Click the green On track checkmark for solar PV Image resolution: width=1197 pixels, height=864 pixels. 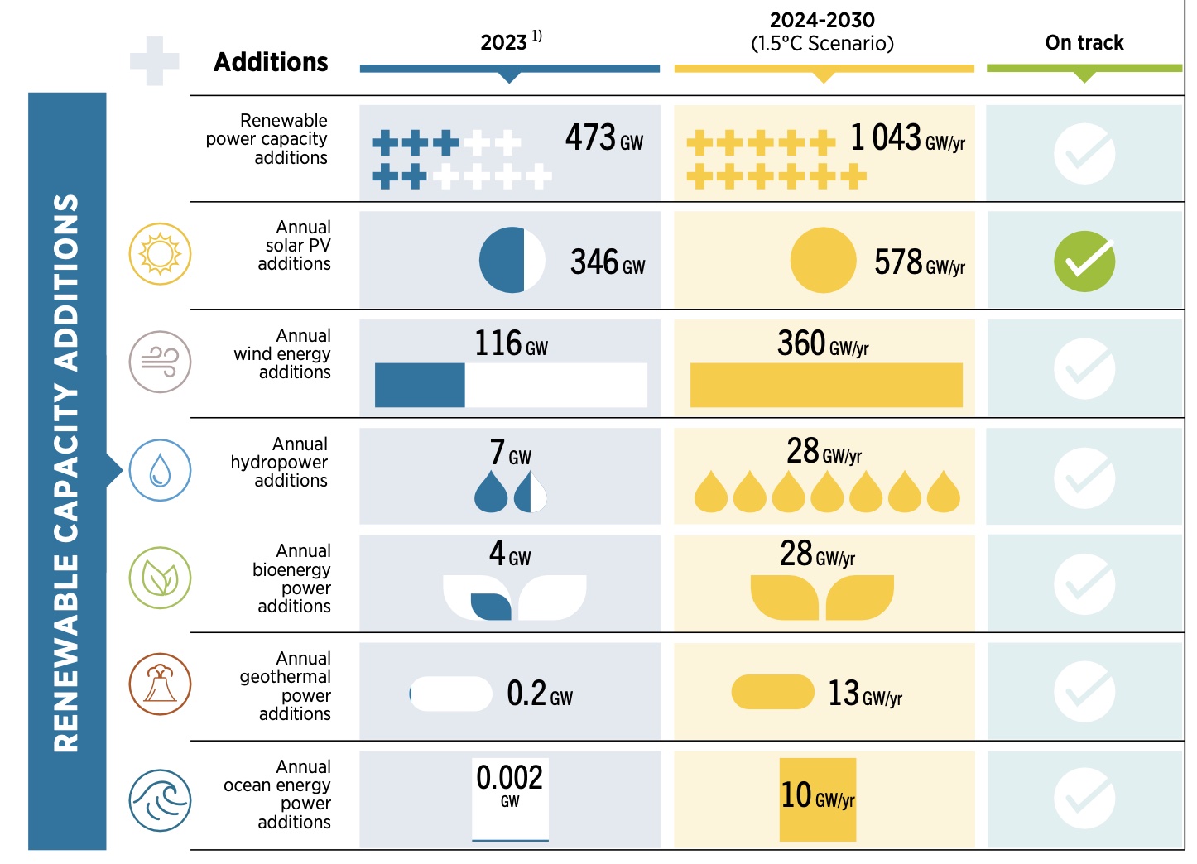tap(1084, 262)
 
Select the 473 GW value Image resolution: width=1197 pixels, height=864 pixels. tap(603, 138)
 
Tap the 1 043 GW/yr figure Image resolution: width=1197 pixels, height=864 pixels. tap(907, 138)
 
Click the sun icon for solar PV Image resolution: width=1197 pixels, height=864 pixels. tap(160, 254)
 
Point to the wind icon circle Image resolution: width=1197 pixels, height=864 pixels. tap(160, 362)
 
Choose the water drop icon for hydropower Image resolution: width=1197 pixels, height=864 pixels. tap(160, 470)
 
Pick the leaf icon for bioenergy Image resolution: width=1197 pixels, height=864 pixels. tap(160, 578)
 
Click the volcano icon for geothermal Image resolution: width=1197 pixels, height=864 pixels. tap(160, 684)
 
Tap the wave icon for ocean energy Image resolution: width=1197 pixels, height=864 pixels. tap(160, 800)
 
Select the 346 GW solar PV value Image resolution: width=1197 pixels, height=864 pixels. tap(607, 262)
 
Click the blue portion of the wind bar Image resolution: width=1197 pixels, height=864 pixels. tap(420, 385)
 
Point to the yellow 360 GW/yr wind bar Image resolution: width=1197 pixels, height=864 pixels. tap(826, 385)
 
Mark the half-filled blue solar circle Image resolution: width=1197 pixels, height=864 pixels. tap(512, 260)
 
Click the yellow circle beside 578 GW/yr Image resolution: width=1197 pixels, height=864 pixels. tap(823, 261)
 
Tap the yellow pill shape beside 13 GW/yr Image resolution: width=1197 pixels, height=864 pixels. tap(773, 692)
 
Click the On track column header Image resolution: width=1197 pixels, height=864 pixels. tap(1084, 43)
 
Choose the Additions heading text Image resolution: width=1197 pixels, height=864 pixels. tap(271, 62)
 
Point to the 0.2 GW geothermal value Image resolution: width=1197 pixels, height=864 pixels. tap(539, 694)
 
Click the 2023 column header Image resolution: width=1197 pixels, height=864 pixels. tap(510, 41)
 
